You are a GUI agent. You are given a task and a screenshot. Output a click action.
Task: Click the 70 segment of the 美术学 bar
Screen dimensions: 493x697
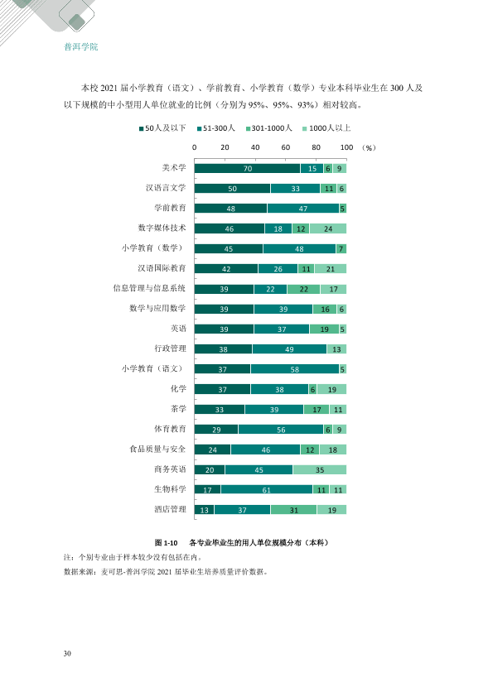click(248, 169)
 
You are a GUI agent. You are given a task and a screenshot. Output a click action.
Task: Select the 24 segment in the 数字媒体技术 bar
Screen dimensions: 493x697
click(328, 228)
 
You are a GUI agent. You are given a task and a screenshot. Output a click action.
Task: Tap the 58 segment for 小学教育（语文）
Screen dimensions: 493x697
click(294, 369)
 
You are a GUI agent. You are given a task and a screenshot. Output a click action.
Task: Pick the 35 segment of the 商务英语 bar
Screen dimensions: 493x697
click(320, 469)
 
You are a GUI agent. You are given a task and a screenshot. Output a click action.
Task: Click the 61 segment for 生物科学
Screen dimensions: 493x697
click(267, 489)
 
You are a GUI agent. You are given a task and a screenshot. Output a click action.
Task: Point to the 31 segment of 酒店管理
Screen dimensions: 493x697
click(293, 509)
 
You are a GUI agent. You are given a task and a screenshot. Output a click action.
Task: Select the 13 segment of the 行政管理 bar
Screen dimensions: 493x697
click(336, 349)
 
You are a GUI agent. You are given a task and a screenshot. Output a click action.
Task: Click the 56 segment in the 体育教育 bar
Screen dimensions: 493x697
click(281, 430)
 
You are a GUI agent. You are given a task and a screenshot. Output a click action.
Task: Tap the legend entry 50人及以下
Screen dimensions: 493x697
click(162, 128)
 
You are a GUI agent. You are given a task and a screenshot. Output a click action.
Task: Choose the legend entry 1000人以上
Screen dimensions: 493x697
click(326, 128)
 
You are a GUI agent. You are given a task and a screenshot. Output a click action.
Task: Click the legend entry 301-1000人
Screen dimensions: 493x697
click(268, 128)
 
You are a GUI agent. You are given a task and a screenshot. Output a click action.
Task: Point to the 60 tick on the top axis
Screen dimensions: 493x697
click(286, 147)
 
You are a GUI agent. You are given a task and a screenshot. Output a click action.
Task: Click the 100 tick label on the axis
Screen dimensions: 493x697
click(346, 147)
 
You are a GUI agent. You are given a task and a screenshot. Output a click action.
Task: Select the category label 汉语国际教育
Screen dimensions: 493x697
click(162, 268)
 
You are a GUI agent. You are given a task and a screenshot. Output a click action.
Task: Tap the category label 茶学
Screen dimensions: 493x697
click(178, 408)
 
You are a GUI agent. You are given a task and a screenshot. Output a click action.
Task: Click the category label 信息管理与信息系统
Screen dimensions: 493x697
click(149, 288)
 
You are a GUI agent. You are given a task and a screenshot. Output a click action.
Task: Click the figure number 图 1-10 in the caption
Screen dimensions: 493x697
click(166, 543)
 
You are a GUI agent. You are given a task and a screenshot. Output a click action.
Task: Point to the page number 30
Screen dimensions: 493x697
click(67, 653)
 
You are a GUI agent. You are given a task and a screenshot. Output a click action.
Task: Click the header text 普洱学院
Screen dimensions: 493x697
click(81, 46)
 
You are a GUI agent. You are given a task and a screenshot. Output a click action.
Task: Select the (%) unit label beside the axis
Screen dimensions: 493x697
click(369, 147)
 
